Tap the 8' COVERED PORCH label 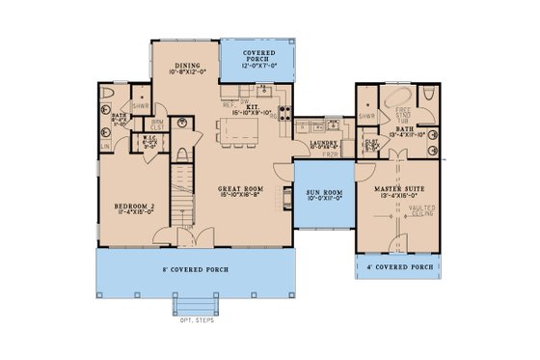point(197,269)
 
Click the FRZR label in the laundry point(333,152)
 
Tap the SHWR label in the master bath point(364,118)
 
